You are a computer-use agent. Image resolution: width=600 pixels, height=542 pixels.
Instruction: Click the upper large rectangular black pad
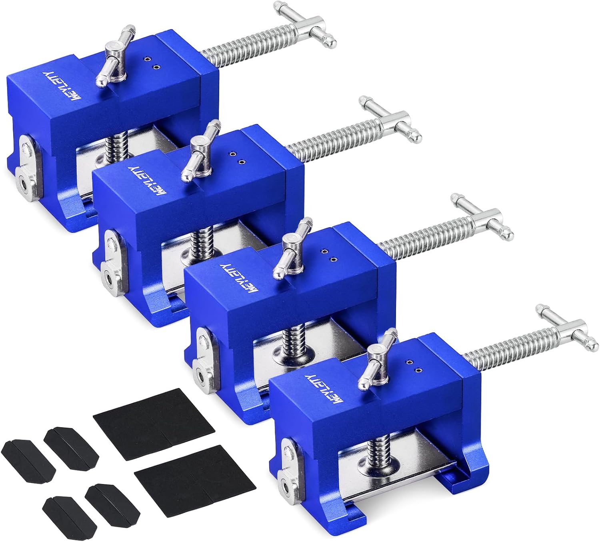click(x=154, y=418)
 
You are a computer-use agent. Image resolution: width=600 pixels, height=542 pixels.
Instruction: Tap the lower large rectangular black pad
click(x=196, y=474)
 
